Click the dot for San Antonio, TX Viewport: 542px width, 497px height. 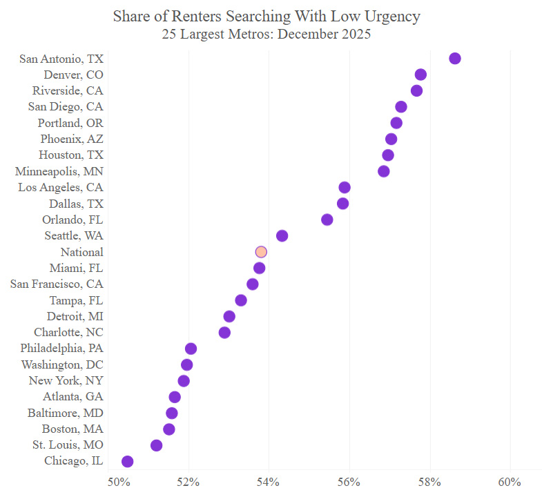click(x=454, y=58)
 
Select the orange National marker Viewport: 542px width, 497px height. click(x=261, y=252)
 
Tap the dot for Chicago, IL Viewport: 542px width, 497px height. click(x=127, y=461)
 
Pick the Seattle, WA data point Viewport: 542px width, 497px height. click(x=282, y=236)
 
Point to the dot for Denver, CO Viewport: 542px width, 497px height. click(x=420, y=75)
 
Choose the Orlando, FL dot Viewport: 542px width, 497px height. click(x=327, y=220)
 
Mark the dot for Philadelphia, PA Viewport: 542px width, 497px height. click(x=191, y=349)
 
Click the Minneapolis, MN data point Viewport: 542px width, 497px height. click(x=384, y=171)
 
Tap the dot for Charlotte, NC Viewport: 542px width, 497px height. click(x=224, y=333)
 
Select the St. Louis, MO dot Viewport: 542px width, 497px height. click(x=157, y=445)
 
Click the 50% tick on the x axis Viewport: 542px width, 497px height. click(x=119, y=480)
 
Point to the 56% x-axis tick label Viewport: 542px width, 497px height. click(x=349, y=480)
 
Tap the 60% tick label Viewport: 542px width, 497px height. click(x=510, y=480)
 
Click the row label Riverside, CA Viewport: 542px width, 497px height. click(x=68, y=90)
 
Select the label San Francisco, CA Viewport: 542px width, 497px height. click(x=57, y=284)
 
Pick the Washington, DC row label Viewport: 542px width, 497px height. click(x=62, y=364)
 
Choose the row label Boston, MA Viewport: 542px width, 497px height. click(x=73, y=429)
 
